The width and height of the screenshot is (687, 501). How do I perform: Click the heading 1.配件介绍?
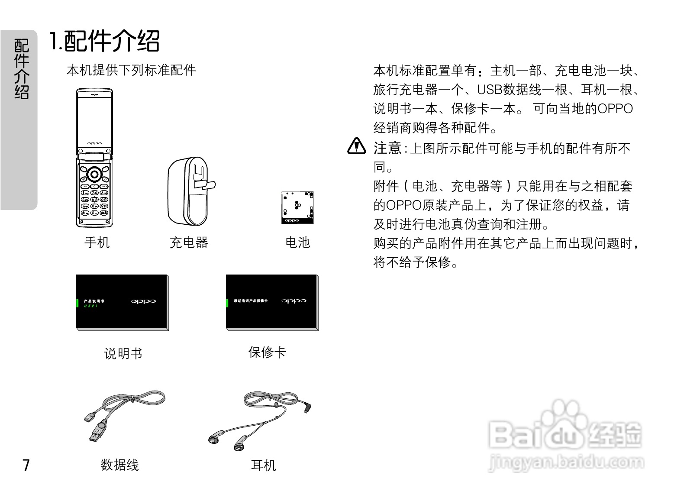pos(104,41)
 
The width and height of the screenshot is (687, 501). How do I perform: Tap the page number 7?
pos(26,465)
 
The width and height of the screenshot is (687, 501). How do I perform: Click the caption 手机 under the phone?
pos(97,242)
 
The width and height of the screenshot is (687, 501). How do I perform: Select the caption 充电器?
pos(189,242)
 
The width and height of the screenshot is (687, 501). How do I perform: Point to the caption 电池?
pos(298,242)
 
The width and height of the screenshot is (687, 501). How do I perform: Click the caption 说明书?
pos(123,353)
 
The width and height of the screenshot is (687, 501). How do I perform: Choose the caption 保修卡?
pos(267,352)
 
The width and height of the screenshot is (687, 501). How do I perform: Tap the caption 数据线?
pos(119,465)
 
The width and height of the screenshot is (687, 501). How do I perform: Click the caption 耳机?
pos(263,465)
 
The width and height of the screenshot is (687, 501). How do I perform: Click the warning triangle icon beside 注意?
pos(356,146)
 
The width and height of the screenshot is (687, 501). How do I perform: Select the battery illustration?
pos(297,207)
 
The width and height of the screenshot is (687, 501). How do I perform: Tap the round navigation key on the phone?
pos(94,175)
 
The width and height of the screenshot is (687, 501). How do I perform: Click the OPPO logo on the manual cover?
pos(143,301)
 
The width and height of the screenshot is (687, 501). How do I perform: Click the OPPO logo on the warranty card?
pos(294,301)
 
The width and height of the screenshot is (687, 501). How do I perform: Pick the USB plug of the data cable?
pos(97,433)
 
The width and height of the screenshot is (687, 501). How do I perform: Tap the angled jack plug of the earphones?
pos(307,407)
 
